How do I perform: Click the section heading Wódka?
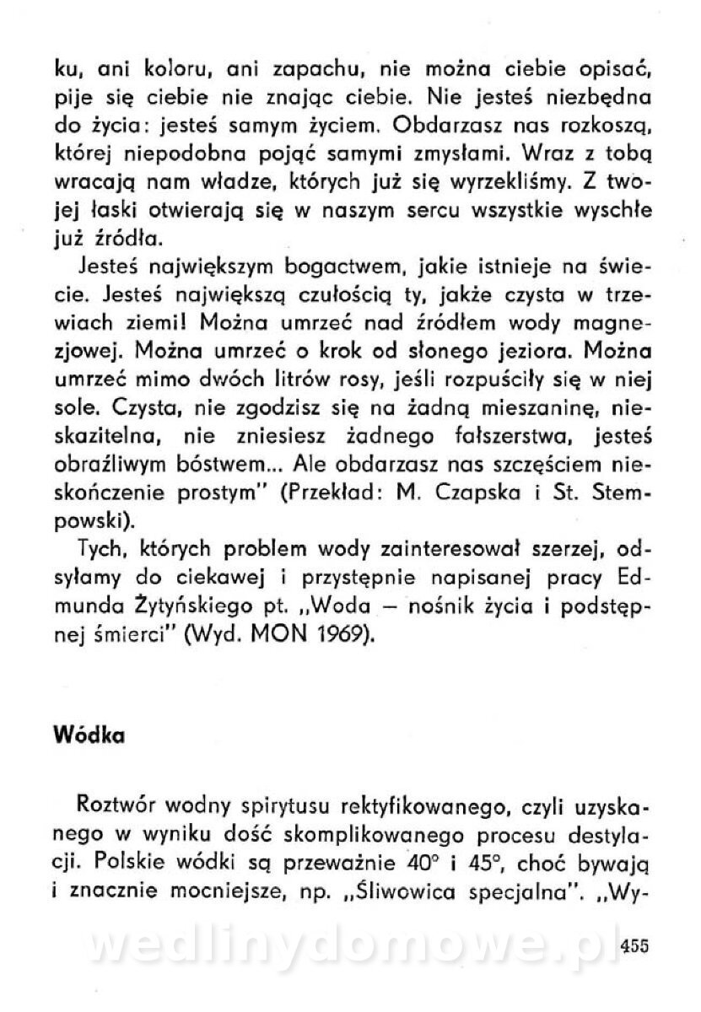tap(89, 734)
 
